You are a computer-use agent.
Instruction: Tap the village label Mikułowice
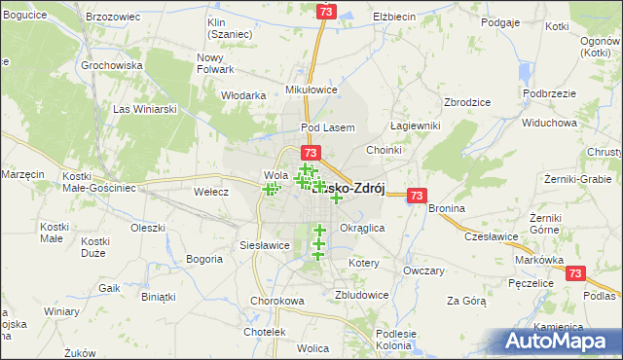click(311, 90)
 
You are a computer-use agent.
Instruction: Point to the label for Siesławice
click(265, 245)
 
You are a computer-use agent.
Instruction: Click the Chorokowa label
click(277, 301)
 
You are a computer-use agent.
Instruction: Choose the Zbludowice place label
click(361, 294)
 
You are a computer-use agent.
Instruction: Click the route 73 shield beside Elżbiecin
click(325, 12)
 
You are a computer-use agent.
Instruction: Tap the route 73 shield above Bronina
click(417, 195)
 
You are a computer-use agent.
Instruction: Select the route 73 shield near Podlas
click(576, 274)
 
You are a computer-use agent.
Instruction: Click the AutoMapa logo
click(561, 341)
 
